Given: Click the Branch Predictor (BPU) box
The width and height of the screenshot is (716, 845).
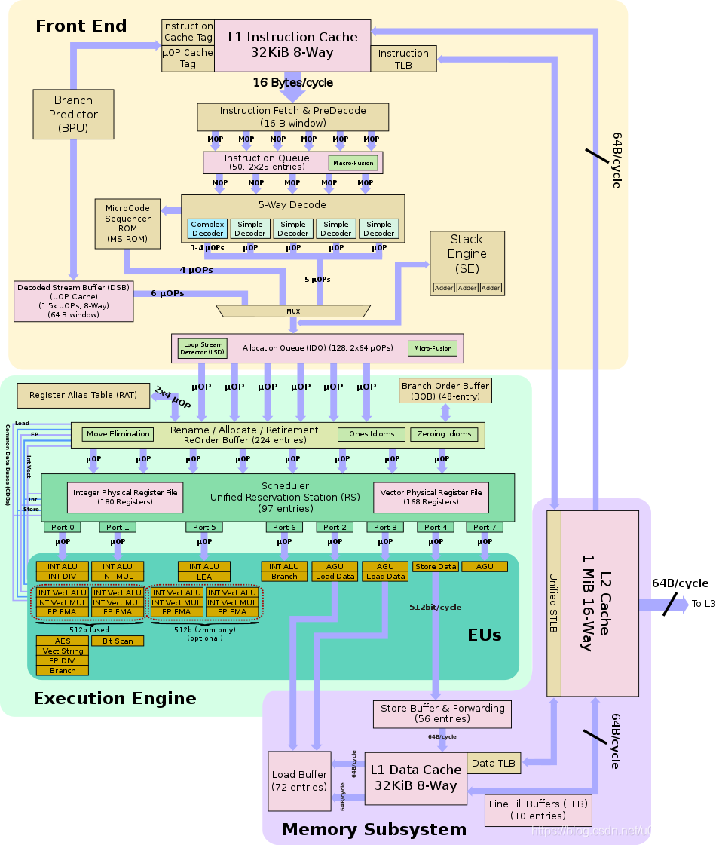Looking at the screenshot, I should tap(73, 114).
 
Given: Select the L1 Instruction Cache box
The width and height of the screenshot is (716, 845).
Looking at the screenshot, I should tap(292, 44).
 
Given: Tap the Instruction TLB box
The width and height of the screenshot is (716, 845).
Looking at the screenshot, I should tap(403, 58).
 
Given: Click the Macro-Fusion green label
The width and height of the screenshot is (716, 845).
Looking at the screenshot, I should tap(353, 163).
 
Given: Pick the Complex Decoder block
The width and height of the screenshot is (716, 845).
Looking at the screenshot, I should tap(207, 228).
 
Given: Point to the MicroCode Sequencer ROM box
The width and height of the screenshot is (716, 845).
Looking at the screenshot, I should tap(127, 224).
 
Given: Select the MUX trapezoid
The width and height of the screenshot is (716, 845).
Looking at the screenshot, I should tap(293, 311).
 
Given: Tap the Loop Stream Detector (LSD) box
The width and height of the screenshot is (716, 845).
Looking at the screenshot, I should tap(201, 348).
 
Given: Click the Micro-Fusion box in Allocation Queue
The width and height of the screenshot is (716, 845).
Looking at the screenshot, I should tap(433, 348).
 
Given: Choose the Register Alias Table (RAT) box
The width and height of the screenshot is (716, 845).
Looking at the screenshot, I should tap(83, 395).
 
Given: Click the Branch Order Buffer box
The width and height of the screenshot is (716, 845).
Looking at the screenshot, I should tap(445, 390).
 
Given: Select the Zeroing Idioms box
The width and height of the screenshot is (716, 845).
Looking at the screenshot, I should tap(443, 434).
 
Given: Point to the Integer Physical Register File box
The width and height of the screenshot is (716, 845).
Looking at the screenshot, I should tap(125, 498).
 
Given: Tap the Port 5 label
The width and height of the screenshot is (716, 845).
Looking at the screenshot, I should tap(204, 527).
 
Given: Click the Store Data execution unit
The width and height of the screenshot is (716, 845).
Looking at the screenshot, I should tap(436, 567).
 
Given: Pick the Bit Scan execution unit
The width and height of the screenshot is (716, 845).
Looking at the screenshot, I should tap(118, 641).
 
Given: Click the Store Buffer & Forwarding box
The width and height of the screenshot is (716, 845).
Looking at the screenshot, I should tap(442, 713).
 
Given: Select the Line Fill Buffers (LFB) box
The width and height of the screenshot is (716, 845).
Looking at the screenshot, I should tap(537, 810).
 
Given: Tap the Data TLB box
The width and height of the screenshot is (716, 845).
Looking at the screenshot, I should tap(494, 763).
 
